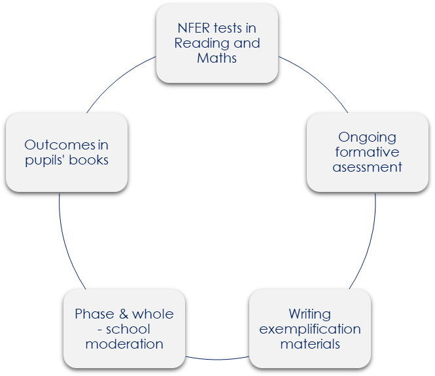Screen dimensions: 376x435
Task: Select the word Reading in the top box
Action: (x=200, y=43)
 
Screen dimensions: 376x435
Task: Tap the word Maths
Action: (x=217, y=58)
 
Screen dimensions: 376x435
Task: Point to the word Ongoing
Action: (x=367, y=137)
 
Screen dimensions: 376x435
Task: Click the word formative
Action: (x=367, y=152)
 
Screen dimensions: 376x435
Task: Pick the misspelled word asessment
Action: (x=367, y=167)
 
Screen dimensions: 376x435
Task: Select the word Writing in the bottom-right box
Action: (x=309, y=313)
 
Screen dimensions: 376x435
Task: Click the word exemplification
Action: (x=309, y=328)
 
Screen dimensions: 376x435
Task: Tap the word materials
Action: (x=309, y=343)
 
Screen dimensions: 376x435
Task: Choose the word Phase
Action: (x=94, y=314)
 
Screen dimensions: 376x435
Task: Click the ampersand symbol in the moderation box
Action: (x=124, y=314)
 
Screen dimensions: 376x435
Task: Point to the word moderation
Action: (x=124, y=344)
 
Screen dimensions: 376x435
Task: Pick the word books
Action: (x=90, y=160)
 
